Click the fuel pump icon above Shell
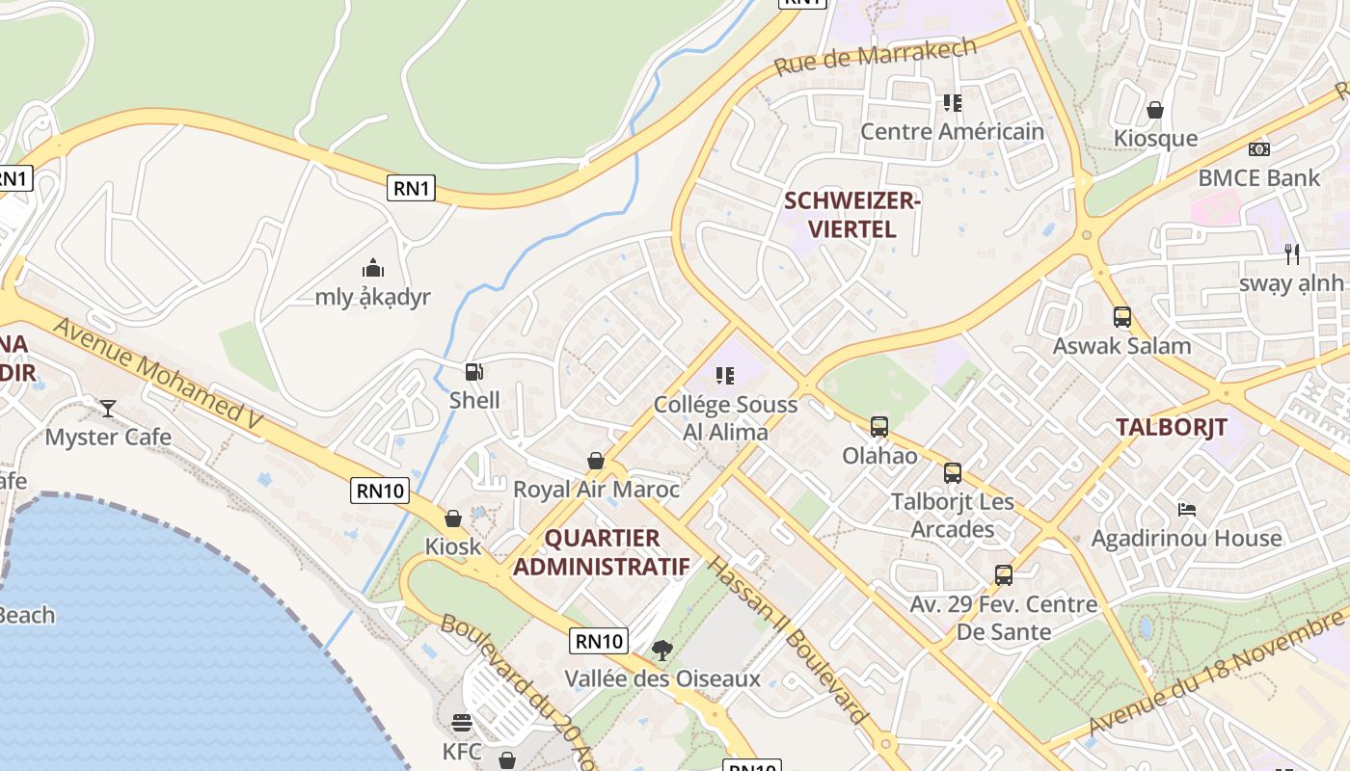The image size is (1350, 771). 473,372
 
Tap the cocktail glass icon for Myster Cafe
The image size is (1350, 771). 108,409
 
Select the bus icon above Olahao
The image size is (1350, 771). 878,426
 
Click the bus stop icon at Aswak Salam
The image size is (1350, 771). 1121,317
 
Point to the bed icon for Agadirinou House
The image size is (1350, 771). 1186,509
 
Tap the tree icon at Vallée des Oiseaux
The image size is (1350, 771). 661,651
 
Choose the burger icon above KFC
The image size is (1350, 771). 461,723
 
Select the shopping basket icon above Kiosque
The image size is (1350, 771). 1154,110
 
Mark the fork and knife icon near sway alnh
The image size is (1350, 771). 1292,254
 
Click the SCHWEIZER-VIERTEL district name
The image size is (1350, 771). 852,215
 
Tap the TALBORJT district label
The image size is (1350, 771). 1171,427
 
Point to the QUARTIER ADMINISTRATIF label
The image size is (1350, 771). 601,552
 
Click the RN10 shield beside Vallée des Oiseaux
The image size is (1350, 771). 599,641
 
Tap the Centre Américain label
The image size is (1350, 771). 951,131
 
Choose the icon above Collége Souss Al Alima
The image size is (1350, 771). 724,375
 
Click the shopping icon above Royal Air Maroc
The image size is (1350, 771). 596,461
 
